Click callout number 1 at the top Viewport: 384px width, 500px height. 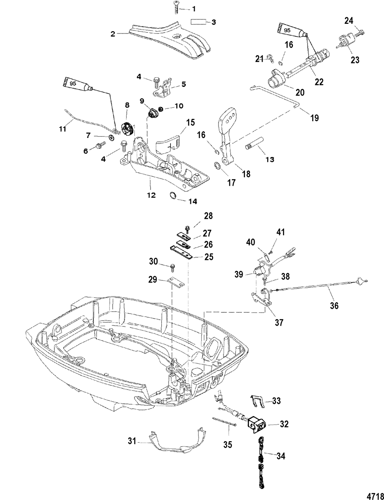click(194, 8)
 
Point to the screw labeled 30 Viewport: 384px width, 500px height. click(172, 266)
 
